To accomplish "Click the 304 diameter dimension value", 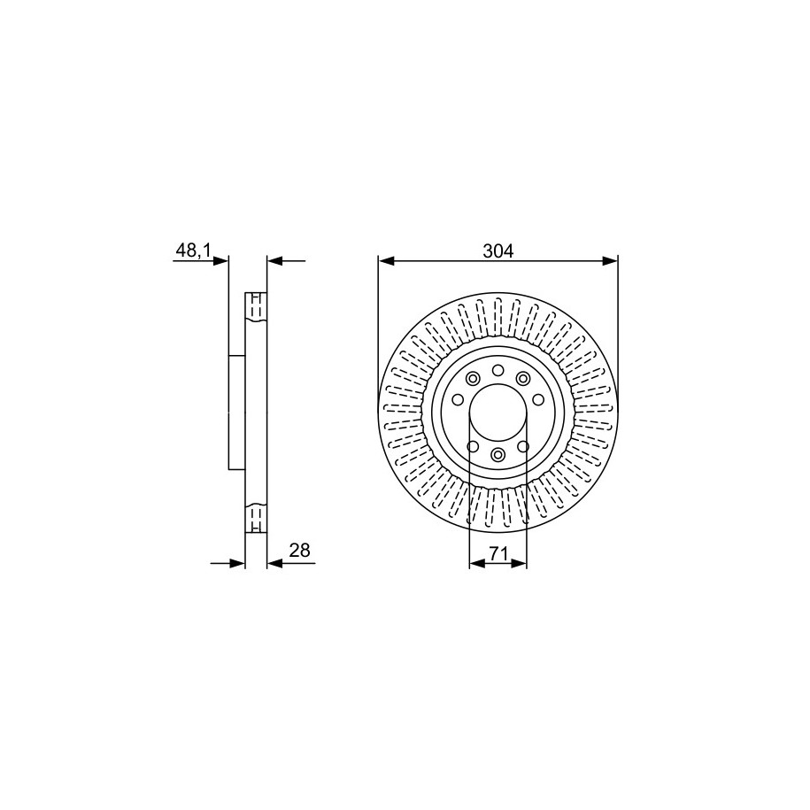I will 498,251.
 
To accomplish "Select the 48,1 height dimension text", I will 192,251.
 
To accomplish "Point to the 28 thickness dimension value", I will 300,551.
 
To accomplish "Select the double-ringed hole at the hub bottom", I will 498,455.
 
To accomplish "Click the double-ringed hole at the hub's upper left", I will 472,378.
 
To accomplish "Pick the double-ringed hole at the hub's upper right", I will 523,378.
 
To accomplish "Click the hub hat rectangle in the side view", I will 236,412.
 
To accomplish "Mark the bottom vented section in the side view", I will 255,517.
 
